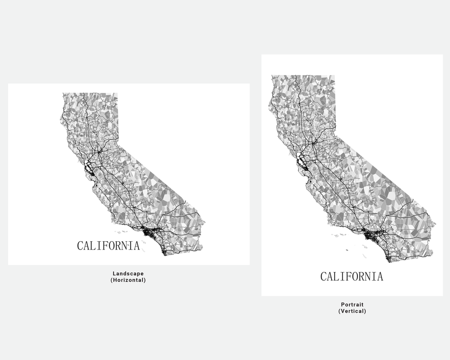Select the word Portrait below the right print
click(x=352, y=304)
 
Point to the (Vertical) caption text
click(x=352, y=312)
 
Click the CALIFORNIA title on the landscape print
click(x=108, y=246)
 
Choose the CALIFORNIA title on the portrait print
click(x=352, y=277)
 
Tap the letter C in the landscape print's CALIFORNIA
click(x=80, y=246)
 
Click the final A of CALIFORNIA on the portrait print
click(x=380, y=277)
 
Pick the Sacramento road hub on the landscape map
click(x=98, y=152)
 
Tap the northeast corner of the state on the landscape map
click(x=117, y=94)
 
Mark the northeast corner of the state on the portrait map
click(x=334, y=76)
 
